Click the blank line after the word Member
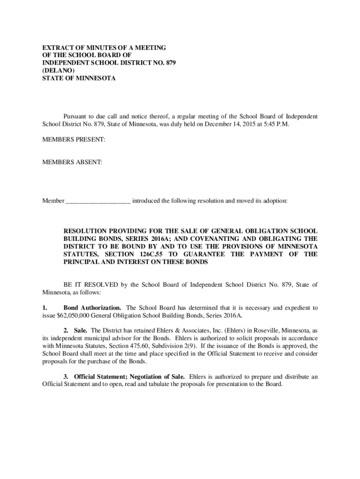tap(98, 202)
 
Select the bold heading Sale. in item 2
tap(81, 330)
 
